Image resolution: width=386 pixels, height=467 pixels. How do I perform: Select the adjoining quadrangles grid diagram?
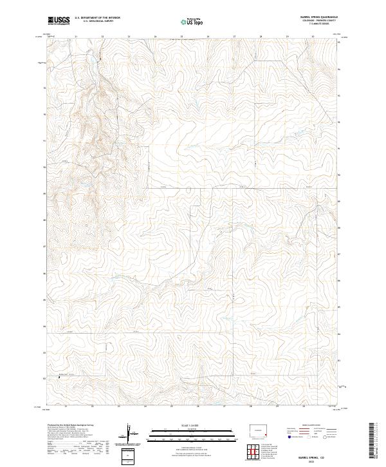257,453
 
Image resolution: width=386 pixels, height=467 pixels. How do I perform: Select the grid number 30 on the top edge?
313,37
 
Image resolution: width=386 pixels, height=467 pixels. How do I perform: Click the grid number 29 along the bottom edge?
277,406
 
